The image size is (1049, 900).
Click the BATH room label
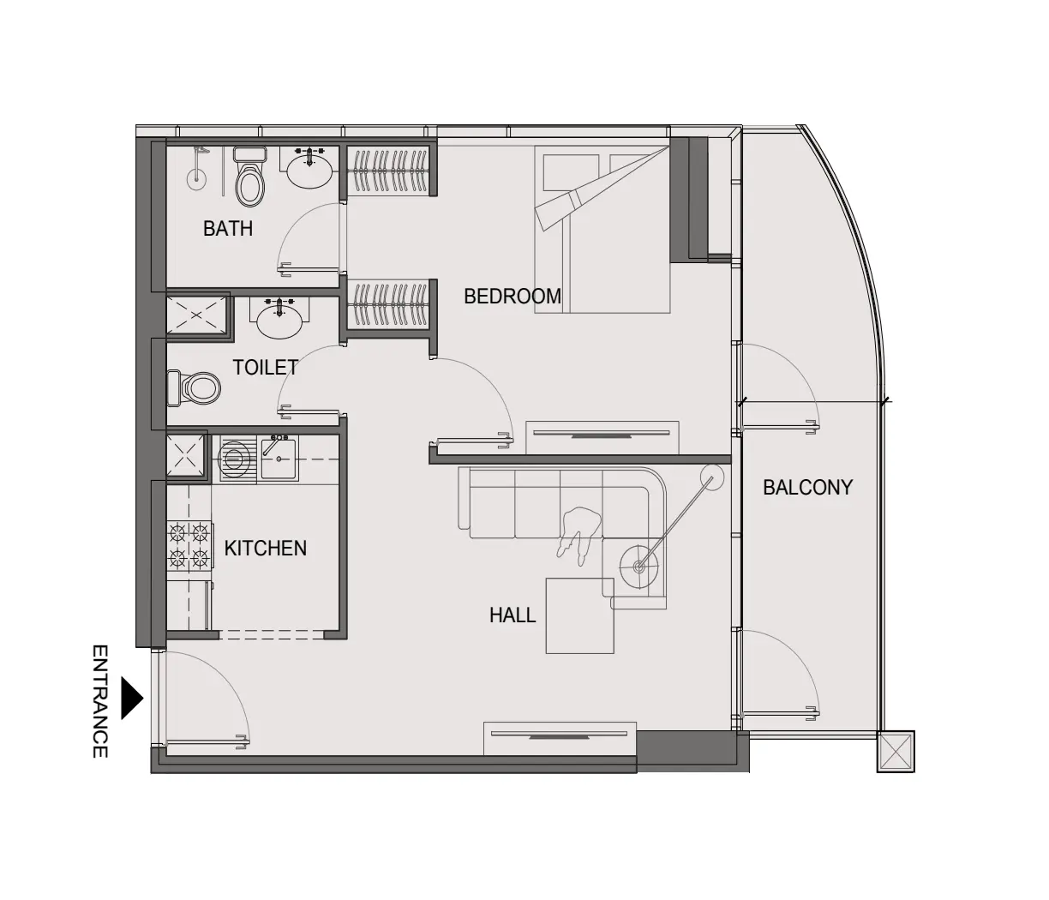coord(228,228)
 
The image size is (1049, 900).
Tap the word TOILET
coord(266,368)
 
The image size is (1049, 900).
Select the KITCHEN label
coord(266,549)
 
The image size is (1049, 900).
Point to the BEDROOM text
coord(513,297)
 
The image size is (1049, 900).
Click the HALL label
coord(513,615)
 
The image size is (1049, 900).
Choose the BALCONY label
coord(807,488)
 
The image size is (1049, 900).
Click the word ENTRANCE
coord(100,701)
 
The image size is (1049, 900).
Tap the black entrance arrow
coord(131,698)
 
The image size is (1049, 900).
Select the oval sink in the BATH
coord(309,170)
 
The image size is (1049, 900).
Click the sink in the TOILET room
coord(279,320)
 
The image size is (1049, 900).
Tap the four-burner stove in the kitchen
coord(189,547)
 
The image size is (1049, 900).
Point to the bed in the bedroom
coord(602,229)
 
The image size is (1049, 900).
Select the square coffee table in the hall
coord(580,615)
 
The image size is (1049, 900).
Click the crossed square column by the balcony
coord(895,752)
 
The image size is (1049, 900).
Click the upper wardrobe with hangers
coord(391,171)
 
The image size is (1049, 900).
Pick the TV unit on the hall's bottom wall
coord(560,737)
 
